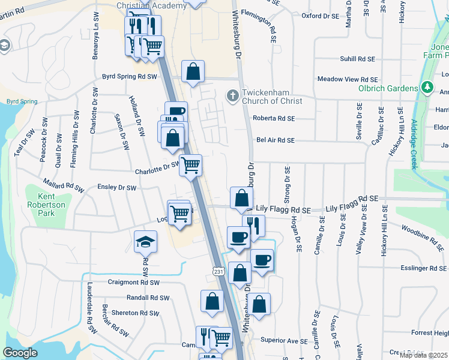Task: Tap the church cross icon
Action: (x=232, y=95)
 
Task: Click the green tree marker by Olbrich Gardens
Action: (x=427, y=88)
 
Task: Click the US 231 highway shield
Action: (x=219, y=272)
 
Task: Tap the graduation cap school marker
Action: (x=145, y=242)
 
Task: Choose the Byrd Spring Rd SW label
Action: (x=129, y=77)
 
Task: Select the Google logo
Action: (x=20, y=352)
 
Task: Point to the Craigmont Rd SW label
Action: (x=133, y=282)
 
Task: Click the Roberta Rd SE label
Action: (x=274, y=118)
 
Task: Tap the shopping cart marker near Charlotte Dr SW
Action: (x=191, y=164)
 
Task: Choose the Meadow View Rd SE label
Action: (x=347, y=79)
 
